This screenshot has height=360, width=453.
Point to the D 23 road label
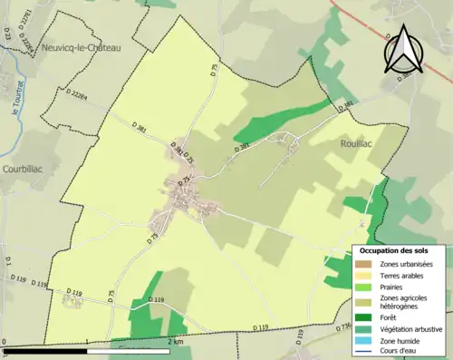point(6,34)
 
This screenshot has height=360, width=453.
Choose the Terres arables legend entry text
point(403,275)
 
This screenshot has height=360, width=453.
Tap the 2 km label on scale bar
point(175,343)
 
